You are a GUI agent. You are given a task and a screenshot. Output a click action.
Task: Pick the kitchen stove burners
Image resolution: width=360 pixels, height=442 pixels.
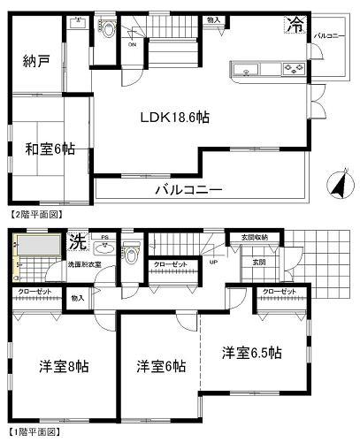pyautogui.click(x=291, y=69)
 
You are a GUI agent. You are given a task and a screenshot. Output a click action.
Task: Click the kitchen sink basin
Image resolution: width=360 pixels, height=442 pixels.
pyautogui.click(x=247, y=69)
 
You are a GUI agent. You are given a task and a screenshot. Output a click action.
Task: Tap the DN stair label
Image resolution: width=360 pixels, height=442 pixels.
pyautogui.click(x=132, y=43)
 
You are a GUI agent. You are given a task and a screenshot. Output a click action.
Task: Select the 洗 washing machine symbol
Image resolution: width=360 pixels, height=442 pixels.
pyautogui.click(x=77, y=240)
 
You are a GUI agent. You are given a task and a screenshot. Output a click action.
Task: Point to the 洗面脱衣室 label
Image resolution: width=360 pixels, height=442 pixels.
pyautogui.click(x=85, y=264)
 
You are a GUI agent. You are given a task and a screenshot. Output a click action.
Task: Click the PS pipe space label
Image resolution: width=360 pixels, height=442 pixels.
pyautogui.click(x=104, y=238)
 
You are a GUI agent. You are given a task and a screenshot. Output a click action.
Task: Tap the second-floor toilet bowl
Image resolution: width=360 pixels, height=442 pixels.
pyautogui.click(x=108, y=30)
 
